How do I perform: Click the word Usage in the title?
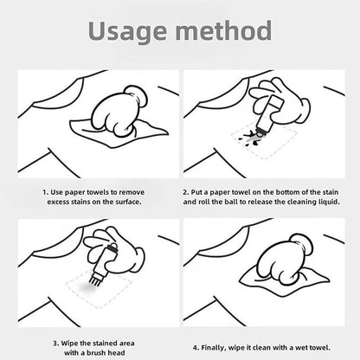pyautogui.click(x=127, y=31)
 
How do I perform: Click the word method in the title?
pyautogui.click(x=223, y=30)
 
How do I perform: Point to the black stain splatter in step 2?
pyautogui.click(x=252, y=138)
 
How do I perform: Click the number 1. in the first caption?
pyautogui.click(x=46, y=192)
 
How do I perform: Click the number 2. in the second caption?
pyautogui.click(x=185, y=192)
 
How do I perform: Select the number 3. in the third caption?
pyautogui.click(x=56, y=344)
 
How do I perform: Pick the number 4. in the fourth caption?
pyautogui.click(x=196, y=348)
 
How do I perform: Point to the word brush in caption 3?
pyautogui.click(x=96, y=353)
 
